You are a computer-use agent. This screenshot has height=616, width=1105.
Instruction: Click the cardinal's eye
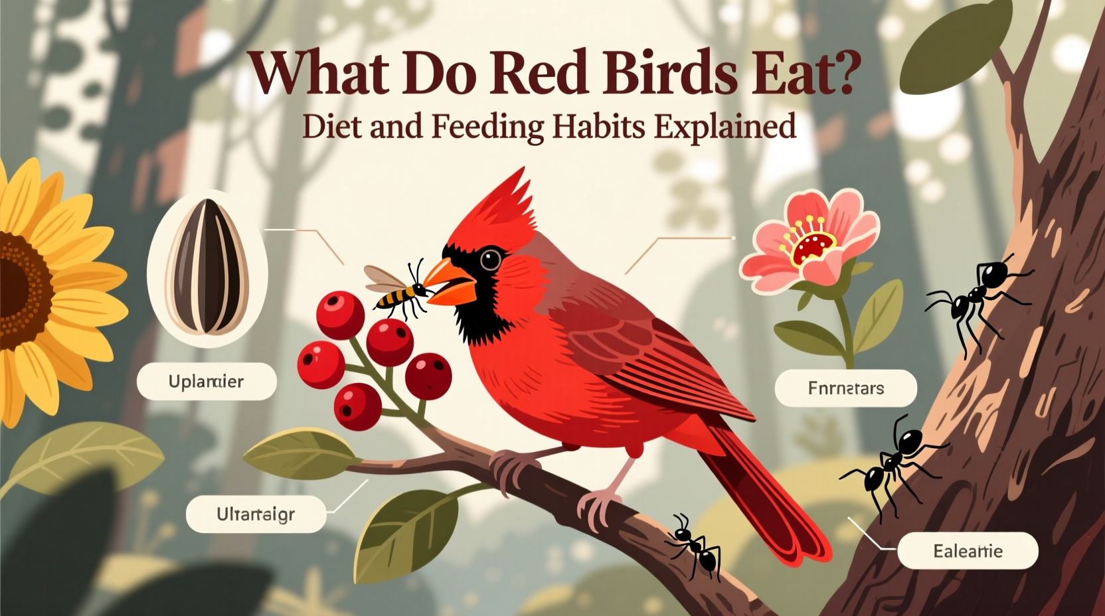tap(490, 258)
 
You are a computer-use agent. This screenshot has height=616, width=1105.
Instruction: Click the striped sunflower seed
tap(207, 267)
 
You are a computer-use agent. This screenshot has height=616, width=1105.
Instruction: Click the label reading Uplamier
tap(207, 382)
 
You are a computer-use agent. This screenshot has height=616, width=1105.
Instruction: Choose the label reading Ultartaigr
tap(256, 514)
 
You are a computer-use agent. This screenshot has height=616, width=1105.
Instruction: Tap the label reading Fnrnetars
tap(845, 388)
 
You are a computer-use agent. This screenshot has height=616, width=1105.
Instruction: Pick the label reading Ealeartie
tap(968, 551)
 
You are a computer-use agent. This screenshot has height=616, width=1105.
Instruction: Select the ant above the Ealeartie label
tap(890, 465)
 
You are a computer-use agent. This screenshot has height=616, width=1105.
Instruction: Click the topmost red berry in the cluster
tap(340, 314)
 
